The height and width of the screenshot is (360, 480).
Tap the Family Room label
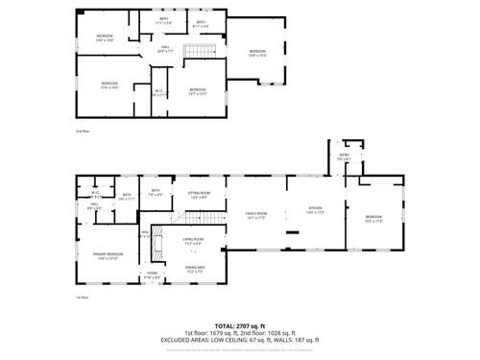pyautogui.click(x=255, y=214)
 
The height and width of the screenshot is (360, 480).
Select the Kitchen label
pyautogui.click(x=316, y=208)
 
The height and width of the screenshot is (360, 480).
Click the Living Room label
pyautogui.click(x=193, y=239)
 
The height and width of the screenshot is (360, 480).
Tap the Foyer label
pyautogui.click(x=152, y=275)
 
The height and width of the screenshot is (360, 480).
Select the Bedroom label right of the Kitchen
pyautogui.click(x=373, y=218)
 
